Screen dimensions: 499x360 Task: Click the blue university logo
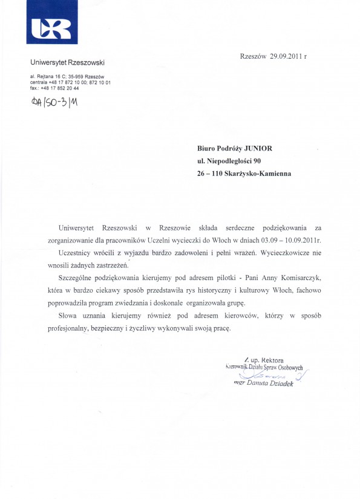coord(52,27)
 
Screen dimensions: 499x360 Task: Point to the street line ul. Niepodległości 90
coord(229,161)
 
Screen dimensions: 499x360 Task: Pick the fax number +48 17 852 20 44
coord(59,88)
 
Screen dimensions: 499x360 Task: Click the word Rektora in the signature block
coord(270,360)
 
